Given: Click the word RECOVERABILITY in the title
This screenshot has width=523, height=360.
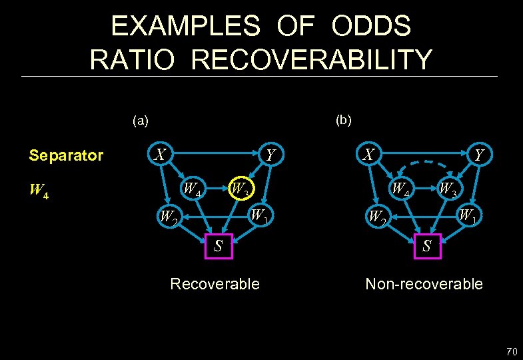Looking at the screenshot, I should point(311,59).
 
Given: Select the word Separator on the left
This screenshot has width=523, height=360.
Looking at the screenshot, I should point(66,156).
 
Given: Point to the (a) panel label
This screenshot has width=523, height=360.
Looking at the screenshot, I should point(141,121).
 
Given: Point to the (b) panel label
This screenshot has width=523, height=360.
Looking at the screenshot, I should point(344,120).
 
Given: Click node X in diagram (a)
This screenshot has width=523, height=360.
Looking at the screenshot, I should point(160,155).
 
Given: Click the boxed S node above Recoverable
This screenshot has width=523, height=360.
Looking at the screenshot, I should point(217,245).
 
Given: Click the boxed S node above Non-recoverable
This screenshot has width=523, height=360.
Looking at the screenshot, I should point(427,245).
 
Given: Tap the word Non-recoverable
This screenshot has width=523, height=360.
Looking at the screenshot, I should point(424,284).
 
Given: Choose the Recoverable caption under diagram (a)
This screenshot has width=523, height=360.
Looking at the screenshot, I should point(215,284).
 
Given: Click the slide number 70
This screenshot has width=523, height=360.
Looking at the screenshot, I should point(511,351).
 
